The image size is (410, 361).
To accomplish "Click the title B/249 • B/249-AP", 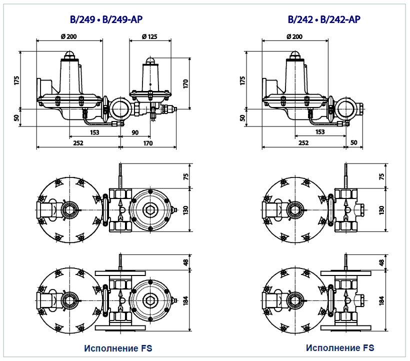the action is pos(106,19).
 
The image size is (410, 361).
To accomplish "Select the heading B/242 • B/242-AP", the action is pos(324,19).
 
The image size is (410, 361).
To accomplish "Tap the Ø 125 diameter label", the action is pos(149,36).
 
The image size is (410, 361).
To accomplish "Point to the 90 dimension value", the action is pos(135,132).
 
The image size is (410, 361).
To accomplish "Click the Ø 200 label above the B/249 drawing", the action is pos(69,36).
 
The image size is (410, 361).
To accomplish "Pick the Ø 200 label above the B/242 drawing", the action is pos(294,36).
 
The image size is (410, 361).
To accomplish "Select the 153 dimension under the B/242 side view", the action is pos(320,132).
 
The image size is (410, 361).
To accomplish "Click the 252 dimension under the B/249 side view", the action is pos(78,143).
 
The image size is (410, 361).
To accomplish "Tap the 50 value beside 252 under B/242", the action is pos(354,142).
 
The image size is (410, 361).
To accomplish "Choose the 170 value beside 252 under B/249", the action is pos(147,143).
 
